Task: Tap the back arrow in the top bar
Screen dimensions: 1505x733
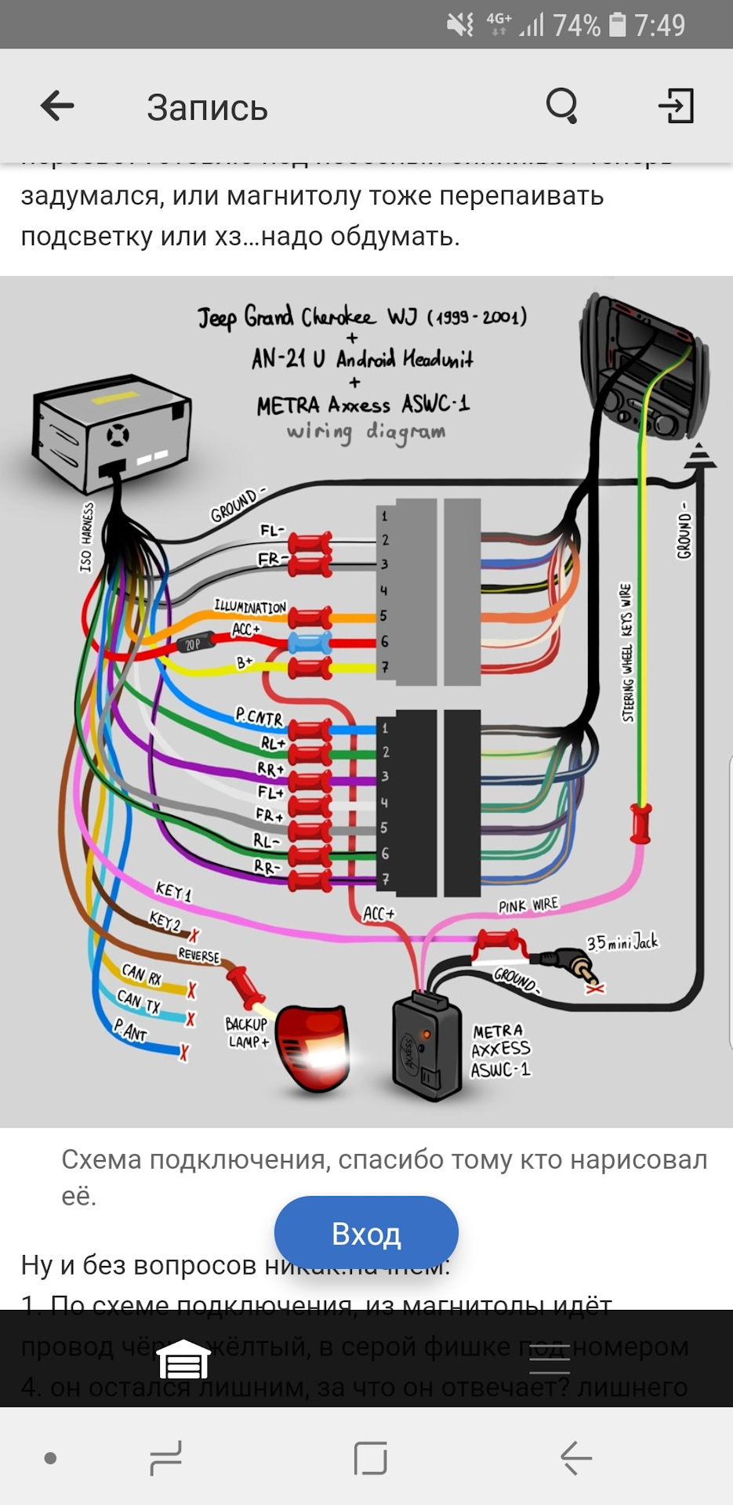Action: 57,106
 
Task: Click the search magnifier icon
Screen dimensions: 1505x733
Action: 561,106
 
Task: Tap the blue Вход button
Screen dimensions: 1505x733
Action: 366,1234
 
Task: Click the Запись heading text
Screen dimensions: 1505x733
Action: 207,108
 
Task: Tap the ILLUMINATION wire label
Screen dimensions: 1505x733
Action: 250,607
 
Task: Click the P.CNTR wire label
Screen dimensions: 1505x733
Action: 259,716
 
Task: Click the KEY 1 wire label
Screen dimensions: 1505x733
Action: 173,891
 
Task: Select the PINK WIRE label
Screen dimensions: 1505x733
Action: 528,905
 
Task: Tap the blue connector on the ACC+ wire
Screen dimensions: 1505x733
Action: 310,643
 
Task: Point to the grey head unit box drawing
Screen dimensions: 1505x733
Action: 112,431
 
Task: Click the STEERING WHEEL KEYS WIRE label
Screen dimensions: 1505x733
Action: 626,652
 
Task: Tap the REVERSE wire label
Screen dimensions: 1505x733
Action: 199,955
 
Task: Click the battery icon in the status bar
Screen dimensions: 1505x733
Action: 618,25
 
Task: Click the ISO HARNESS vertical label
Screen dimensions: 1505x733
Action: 86,537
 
